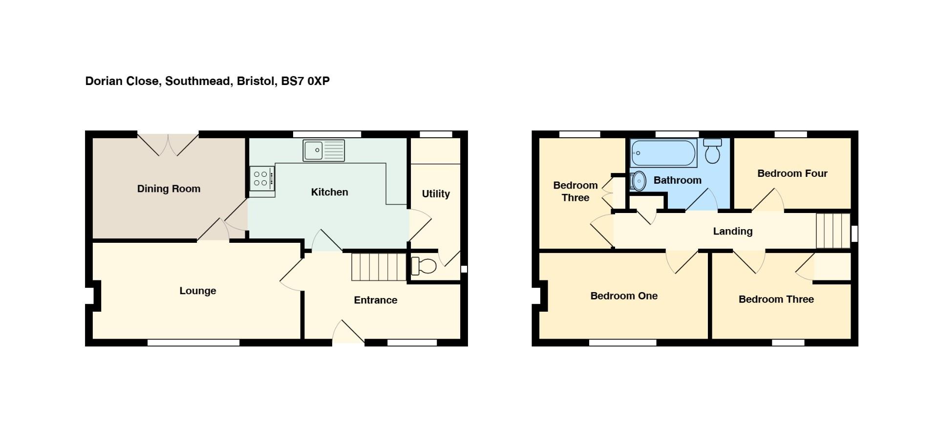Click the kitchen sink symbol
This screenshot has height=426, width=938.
tap(323, 150)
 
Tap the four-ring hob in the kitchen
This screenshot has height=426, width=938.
tap(262, 178)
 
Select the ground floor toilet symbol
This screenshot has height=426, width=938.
tap(423, 266)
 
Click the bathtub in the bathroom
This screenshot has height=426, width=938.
tap(663, 153)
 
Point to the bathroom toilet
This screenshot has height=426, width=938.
tap(712, 151)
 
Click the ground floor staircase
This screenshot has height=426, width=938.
tap(379, 267)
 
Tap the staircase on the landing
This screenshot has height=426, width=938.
tap(833, 231)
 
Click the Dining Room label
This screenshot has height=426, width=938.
tap(169, 189)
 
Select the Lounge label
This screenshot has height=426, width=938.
tap(197, 291)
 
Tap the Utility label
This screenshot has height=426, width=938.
tap(436, 194)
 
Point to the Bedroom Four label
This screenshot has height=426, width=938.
tap(792, 173)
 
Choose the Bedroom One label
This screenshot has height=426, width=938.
tap(624, 296)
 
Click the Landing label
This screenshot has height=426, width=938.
tap(732, 232)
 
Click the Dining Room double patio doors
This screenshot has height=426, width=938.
tap(168, 144)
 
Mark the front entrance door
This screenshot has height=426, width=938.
tap(348, 333)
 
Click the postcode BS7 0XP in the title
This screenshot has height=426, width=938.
tap(305, 81)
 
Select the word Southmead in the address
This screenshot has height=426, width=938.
tap(198, 81)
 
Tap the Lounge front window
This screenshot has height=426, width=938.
tap(193, 343)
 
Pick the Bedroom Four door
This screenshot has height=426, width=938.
tap(767, 200)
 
